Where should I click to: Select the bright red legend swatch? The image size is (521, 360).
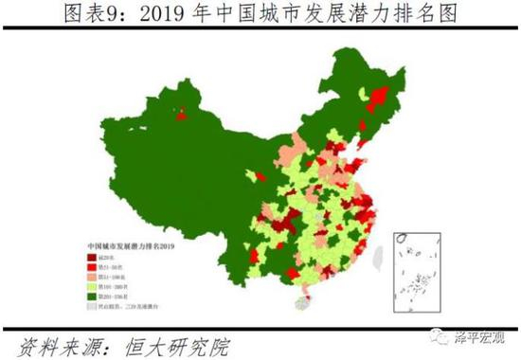click(93, 268)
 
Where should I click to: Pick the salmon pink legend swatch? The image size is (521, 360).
click(93, 280)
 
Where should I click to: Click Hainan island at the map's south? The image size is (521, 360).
click(306, 306)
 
